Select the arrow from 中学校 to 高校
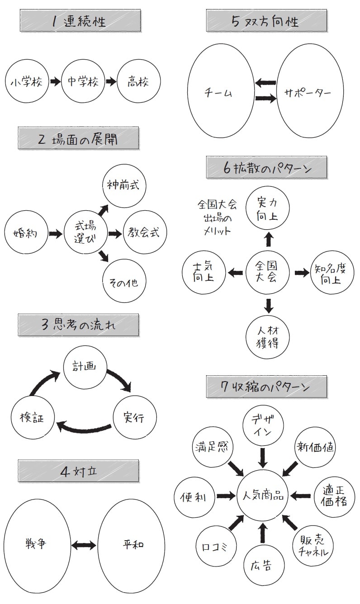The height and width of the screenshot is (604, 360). pyautogui.click(x=111, y=82)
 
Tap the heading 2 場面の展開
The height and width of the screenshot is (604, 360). pyautogui.click(x=78, y=139)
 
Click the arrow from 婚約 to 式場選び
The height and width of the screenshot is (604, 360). pyautogui.click(x=55, y=234)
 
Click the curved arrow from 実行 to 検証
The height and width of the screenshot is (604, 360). pyautogui.click(x=83, y=427)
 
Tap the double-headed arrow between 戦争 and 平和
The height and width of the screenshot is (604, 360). pyautogui.click(x=84, y=545)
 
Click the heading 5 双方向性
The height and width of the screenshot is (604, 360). pyautogui.click(x=266, y=21)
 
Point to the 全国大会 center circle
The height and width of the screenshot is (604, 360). pyautogui.click(x=268, y=272)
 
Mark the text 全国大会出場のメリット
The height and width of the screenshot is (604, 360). pyautogui.click(x=217, y=217)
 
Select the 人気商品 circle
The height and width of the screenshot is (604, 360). pyautogui.click(x=262, y=496)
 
